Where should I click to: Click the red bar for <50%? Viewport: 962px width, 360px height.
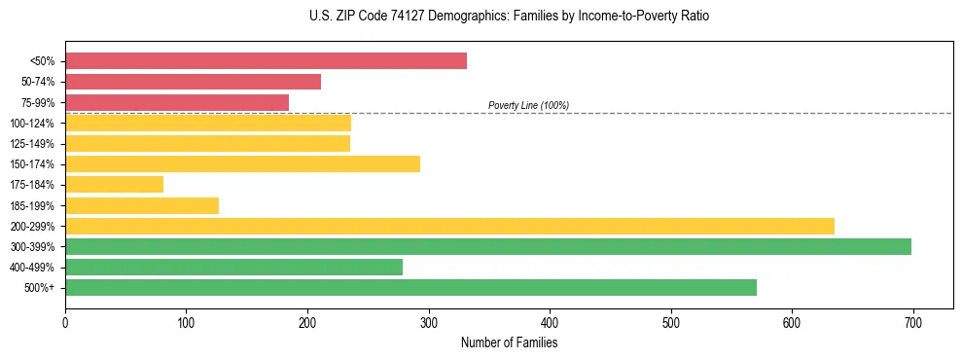coord(266,61)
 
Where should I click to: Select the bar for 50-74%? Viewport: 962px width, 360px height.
coord(193,82)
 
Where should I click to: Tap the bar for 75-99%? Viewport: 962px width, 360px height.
coord(177,102)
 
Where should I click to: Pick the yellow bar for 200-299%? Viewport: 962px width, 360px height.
coord(449,226)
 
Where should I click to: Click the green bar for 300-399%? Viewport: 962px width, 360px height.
coord(488,246)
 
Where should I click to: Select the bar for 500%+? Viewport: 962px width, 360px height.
coord(410,287)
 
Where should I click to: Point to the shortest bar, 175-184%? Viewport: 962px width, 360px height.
coord(114,184)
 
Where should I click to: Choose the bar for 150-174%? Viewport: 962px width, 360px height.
coord(242,163)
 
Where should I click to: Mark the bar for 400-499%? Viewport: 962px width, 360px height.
coord(233,267)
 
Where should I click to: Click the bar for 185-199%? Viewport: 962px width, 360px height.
coord(142,205)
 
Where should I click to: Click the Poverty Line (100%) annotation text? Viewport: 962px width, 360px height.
coord(528,105)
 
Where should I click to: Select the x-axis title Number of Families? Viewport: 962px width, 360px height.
coord(509,342)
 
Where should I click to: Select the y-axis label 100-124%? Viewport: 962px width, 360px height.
coord(32,124)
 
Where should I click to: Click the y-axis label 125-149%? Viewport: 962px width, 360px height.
coord(32,144)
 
